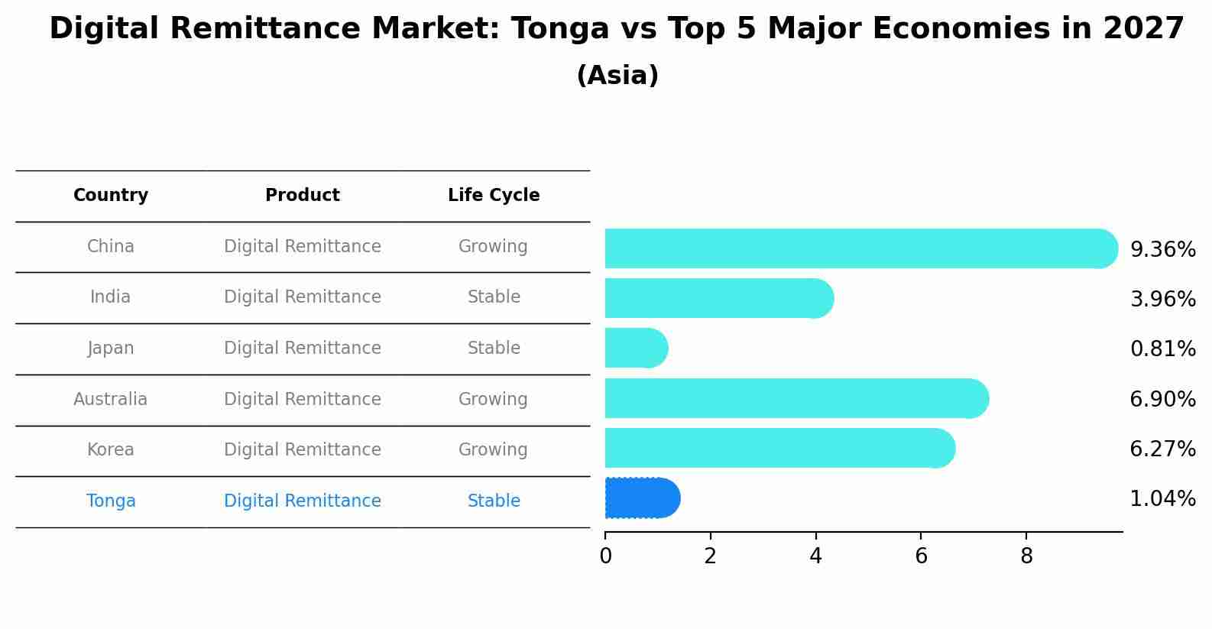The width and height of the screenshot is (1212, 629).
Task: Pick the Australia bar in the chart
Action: pyautogui.click(x=795, y=398)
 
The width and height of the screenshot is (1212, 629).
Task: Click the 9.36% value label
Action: pyautogui.click(x=1162, y=250)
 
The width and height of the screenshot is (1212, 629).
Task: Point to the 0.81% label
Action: pyautogui.click(x=1162, y=349)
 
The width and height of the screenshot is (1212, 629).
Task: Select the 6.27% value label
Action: pyautogui.click(x=1162, y=449)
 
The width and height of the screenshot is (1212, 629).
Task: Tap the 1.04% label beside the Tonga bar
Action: pyautogui.click(x=1162, y=499)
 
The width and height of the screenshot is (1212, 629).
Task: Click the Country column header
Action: pyautogui.click(x=111, y=196)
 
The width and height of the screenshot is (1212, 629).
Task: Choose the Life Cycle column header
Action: pyautogui.click(x=494, y=196)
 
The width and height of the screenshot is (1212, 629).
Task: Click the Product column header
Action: pyautogui.click(x=303, y=196)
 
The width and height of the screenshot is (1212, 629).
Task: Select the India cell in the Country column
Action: pyautogui.click(x=111, y=297)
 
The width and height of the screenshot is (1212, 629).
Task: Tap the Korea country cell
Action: pyautogui.click(x=111, y=450)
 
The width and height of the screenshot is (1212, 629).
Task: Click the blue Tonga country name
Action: pyautogui.click(x=111, y=501)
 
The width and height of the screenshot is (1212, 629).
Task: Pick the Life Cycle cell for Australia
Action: pyautogui.click(x=493, y=400)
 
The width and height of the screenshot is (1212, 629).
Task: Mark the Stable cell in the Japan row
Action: pyautogui.click(x=494, y=349)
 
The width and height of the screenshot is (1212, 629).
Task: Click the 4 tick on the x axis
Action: pyautogui.click(x=815, y=556)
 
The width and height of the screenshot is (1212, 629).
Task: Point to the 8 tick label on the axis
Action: pyautogui.click(x=1026, y=556)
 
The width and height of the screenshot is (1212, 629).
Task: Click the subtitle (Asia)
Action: pyautogui.click(x=617, y=76)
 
